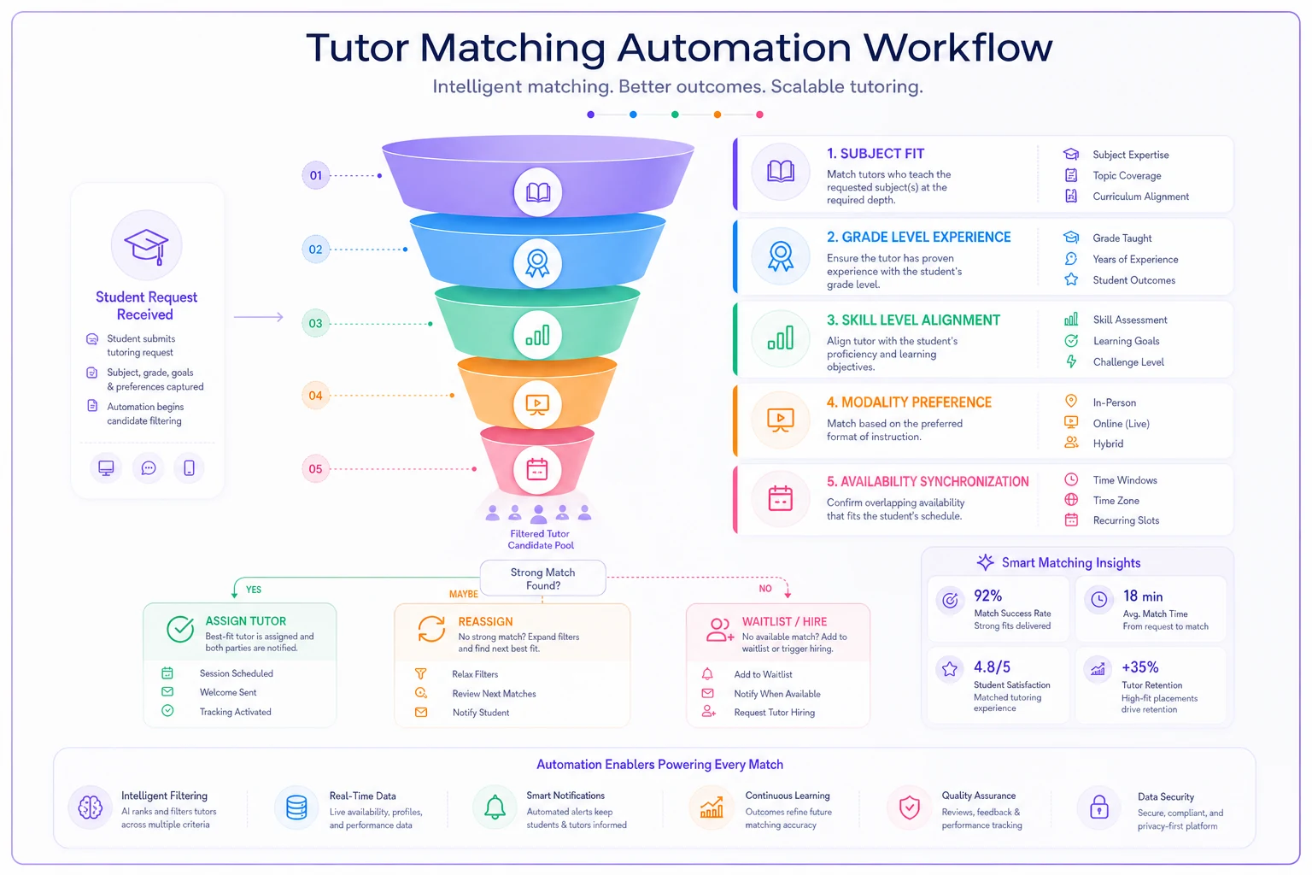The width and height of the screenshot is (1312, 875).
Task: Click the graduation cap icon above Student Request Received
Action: pyautogui.click(x=146, y=246)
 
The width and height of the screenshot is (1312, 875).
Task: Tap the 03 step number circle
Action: pyautogui.click(x=316, y=324)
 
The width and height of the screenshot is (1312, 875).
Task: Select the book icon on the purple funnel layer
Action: pyautogui.click(x=537, y=192)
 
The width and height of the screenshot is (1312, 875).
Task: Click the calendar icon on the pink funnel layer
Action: pyautogui.click(x=537, y=469)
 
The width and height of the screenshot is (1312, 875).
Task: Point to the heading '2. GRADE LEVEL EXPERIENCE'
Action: pyautogui.click(x=918, y=238)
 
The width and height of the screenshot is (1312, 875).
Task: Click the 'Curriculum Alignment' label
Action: pyautogui.click(x=1140, y=197)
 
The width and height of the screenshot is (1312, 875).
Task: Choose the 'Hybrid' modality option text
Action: pyautogui.click(x=1108, y=443)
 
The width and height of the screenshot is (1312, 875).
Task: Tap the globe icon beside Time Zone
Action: pyautogui.click(x=1070, y=500)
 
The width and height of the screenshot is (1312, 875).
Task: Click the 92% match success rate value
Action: pyautogui.click(x=987, y=596)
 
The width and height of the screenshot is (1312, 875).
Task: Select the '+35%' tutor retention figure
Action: pyautogui.click(x=1139, y=667)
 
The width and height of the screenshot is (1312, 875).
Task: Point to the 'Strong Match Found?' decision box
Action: pyautogui.click(x=542, y=578)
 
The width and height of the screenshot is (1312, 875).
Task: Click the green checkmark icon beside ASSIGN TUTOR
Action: pyautogui.click(x=180, y=630)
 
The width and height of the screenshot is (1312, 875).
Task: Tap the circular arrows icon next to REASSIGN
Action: pyautogui.click(x=431, y=630)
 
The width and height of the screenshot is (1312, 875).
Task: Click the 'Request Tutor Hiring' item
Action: pyautogui.click(x=775, y=713)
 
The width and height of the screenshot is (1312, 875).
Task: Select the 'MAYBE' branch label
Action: pyautogui.click(x=463, y=594)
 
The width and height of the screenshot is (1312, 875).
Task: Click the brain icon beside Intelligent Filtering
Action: pyautogui.click(x=91, y=807)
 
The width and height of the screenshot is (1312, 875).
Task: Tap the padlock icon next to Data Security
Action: pyautogui.click(x=1098, y=807)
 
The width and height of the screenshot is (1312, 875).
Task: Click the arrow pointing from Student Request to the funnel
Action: pyautogui.click(x=258, y=317)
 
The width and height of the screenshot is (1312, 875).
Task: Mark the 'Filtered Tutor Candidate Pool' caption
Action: pyautogui.click(x=540, y=540)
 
